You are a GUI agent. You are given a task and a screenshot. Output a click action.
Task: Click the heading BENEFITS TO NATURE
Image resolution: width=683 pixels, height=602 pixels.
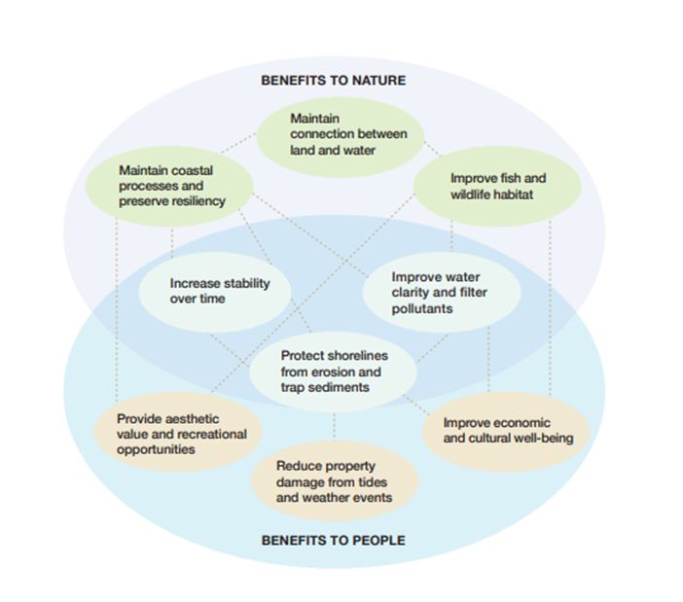333,80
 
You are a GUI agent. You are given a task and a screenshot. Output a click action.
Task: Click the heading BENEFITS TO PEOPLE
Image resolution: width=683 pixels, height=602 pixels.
333,540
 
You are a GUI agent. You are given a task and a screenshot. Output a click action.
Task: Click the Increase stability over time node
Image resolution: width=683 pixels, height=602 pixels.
219,291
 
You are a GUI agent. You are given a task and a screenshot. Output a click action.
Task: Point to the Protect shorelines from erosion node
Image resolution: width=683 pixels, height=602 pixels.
331,372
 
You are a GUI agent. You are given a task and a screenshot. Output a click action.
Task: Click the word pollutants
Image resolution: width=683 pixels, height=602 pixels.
423,308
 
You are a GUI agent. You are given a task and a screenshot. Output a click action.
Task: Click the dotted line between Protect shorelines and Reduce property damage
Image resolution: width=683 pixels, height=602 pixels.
334,425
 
